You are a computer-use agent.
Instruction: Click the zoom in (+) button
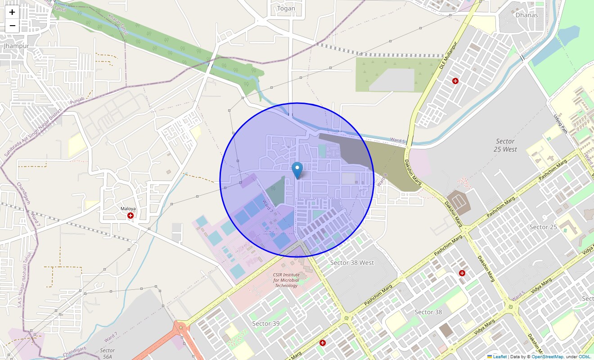point(12,12)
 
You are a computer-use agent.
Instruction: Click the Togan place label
point(287,9)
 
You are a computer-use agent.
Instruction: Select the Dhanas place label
point(526,15)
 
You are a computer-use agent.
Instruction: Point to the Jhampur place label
point(16,46)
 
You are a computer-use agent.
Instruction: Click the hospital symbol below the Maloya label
point(130,216)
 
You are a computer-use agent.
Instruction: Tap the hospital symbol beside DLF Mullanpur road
point(455,81)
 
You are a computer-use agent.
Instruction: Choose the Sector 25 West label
point(505,145)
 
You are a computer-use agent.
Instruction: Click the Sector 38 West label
point(352,262)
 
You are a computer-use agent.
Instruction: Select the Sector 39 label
point(265,324)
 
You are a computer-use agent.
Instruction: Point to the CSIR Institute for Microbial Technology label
point(286,279)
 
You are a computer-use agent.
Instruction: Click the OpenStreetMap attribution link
point(547,357)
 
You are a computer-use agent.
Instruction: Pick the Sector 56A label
point(108,353)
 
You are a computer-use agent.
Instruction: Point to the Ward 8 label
point(382,180)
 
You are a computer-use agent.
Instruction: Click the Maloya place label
point(128,209)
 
